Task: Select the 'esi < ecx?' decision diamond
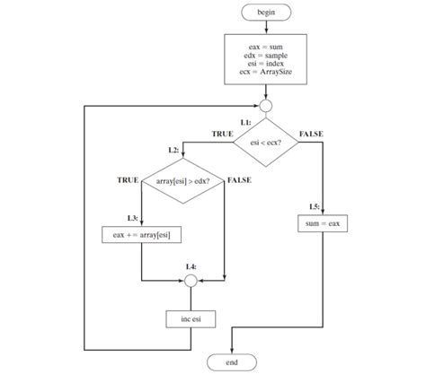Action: click(264, 142)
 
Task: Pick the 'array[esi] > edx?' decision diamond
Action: click(182, 181)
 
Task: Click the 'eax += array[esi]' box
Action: click(143, 236)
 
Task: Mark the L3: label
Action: click(132, 218)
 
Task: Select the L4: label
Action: click(191, 267)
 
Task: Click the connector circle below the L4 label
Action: click(190, 281)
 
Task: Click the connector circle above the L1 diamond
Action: click(264, 105)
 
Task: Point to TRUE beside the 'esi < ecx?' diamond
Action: click(222, 134)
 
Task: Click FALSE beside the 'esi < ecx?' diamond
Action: click(311, 134)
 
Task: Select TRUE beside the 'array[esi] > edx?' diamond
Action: click(129, 180)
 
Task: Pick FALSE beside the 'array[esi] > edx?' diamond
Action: click(239, 180)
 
